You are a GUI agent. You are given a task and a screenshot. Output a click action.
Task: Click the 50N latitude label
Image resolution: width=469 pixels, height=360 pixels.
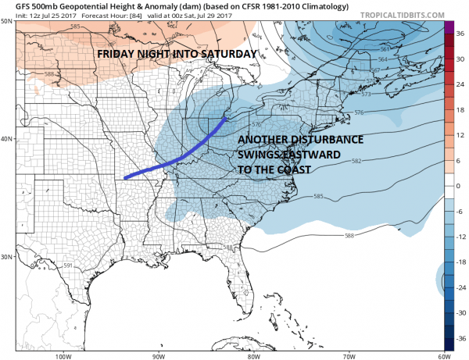click(x=7, y=21)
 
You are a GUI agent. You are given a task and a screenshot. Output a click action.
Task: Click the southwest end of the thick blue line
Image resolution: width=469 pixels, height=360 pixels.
click(x=126, y=178)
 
